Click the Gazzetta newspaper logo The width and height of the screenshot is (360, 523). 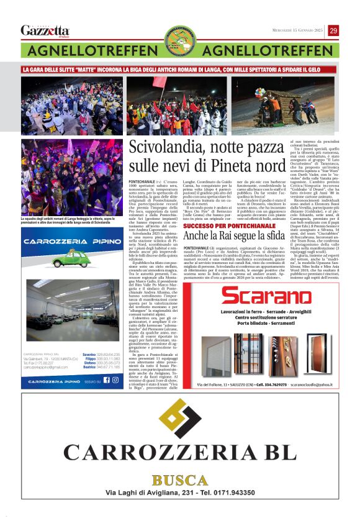point(45,30)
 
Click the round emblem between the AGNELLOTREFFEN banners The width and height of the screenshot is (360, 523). point(180,42)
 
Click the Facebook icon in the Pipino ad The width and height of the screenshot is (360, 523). point(106,381)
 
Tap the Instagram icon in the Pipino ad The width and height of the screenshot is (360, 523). point(115,381)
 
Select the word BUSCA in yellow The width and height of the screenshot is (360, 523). point(180,481)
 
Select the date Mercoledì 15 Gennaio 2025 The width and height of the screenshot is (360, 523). point(298,31)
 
